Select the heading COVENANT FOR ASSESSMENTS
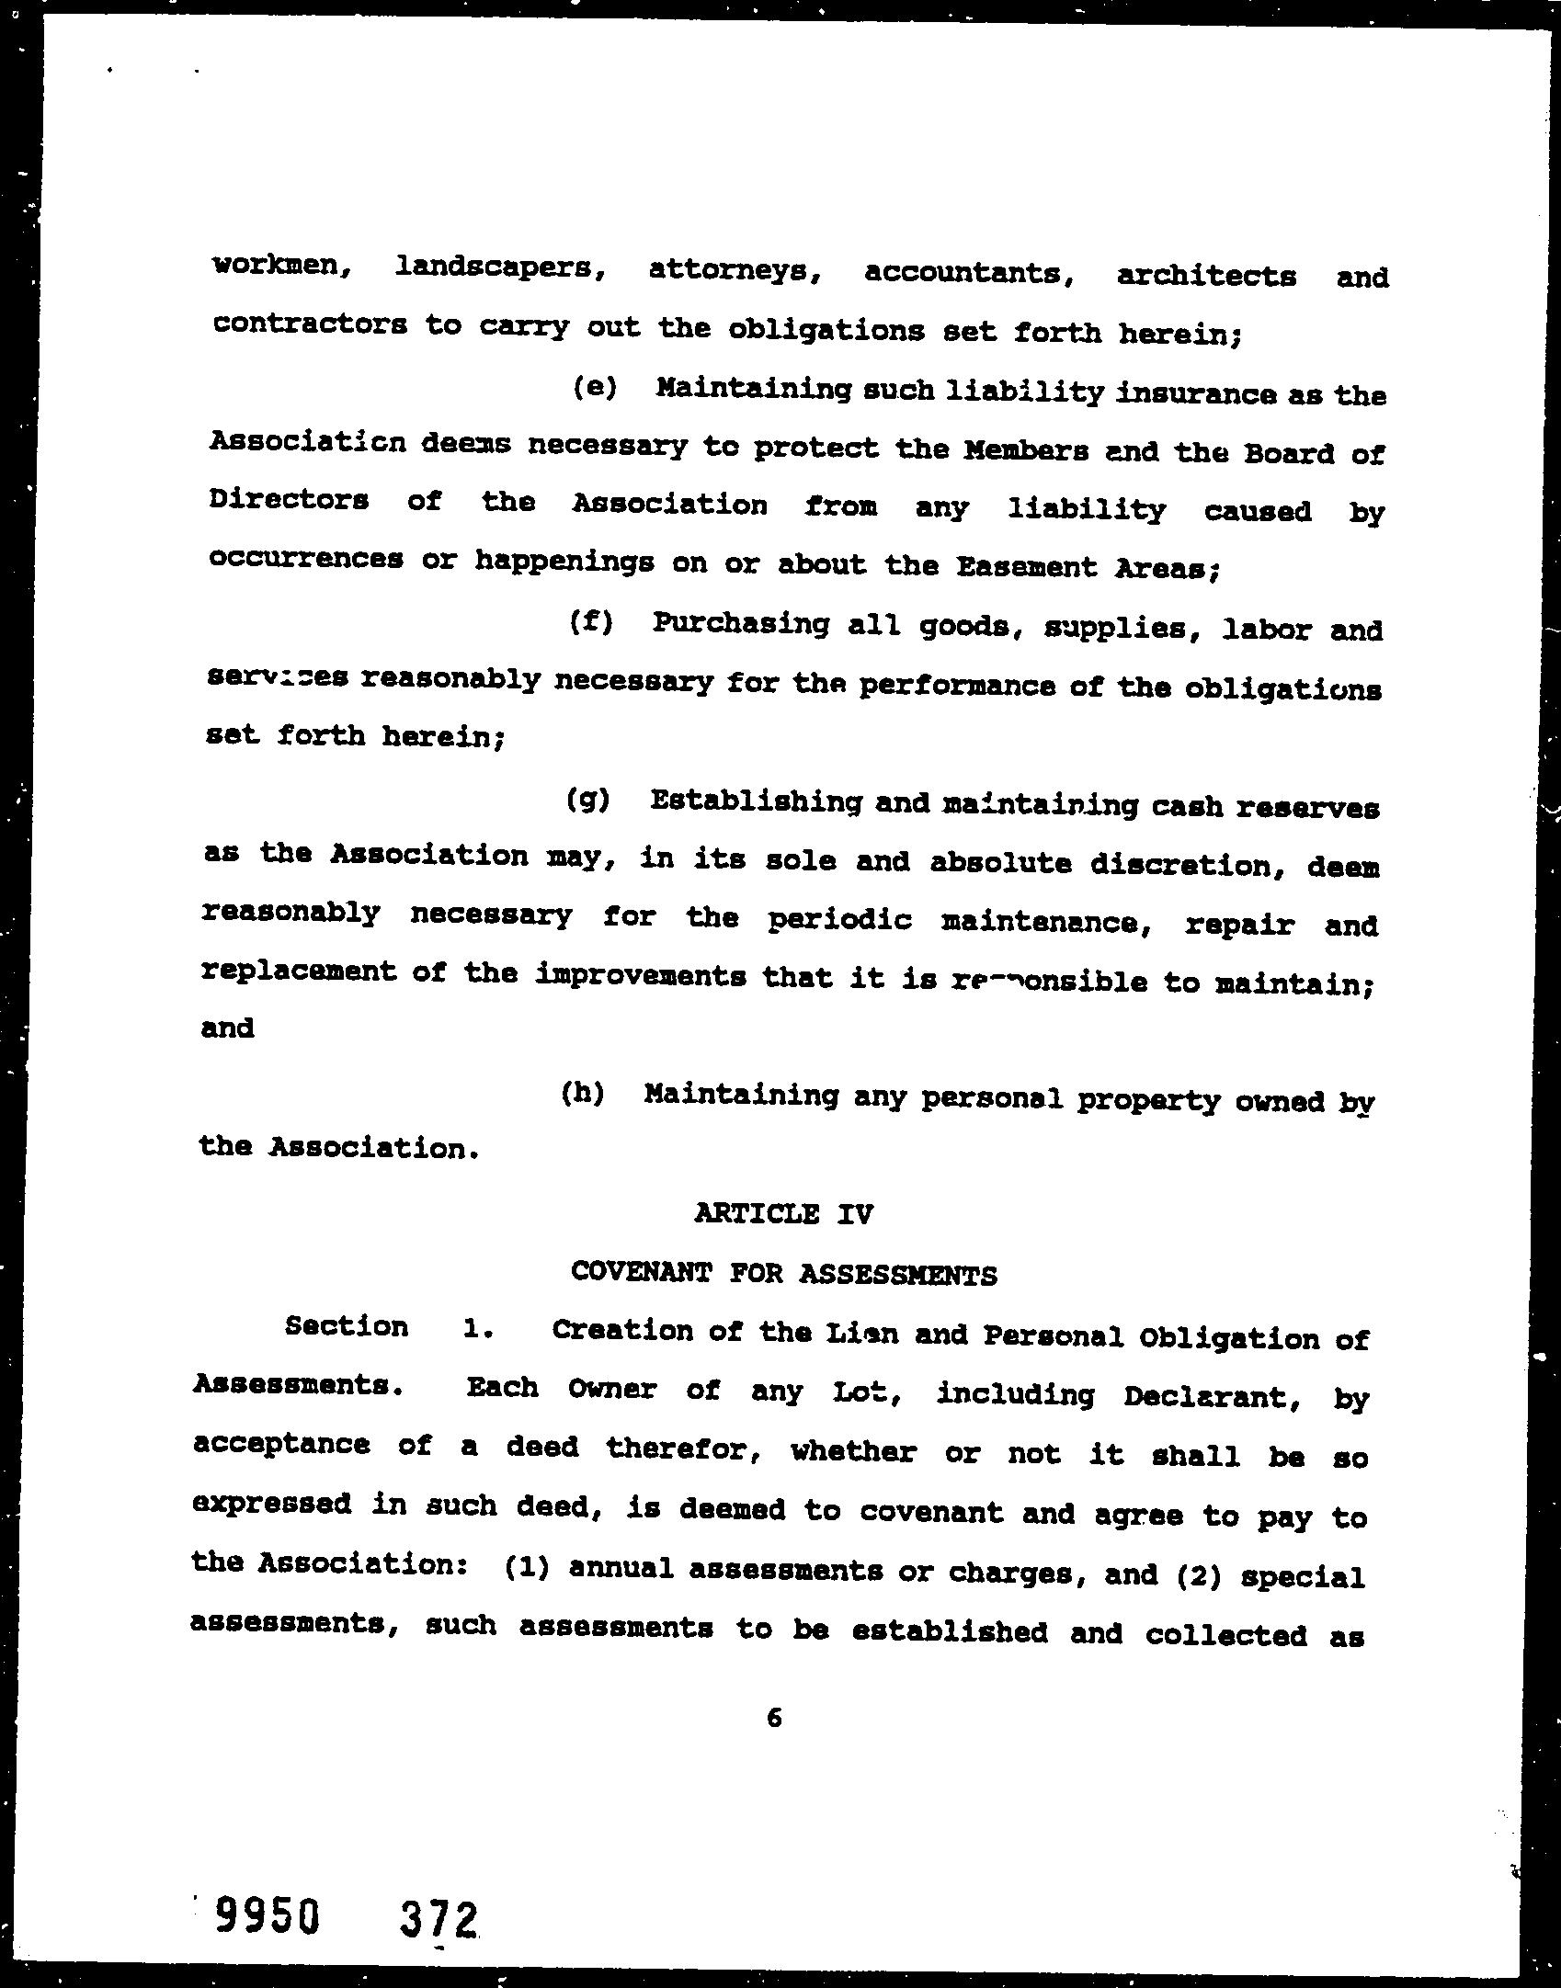[783, 1273]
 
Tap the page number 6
[773, 1716]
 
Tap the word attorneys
[734, 271]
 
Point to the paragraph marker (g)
[588, 801]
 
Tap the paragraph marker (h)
[583, 1094]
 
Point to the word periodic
[839, 920]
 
